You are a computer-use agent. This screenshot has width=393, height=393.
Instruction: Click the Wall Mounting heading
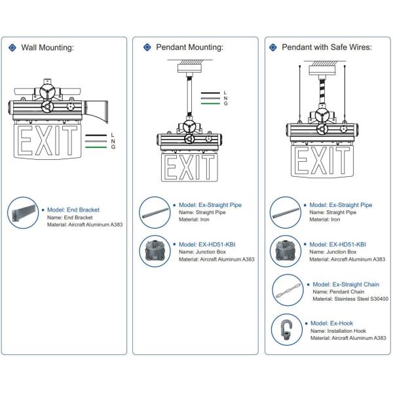coord(47,47)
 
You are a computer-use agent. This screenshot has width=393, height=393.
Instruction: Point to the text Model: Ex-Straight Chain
coord(345,284)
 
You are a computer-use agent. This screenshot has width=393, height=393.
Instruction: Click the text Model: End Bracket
coord(73,210)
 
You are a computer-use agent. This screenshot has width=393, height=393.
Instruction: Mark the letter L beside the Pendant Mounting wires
coord(225,92)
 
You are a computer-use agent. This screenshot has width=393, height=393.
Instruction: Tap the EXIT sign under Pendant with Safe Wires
coord(322,159)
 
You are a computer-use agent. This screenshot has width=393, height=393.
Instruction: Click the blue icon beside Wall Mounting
coord(12,47)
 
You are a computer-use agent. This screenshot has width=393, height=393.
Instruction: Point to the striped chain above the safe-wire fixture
coord(322,90)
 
